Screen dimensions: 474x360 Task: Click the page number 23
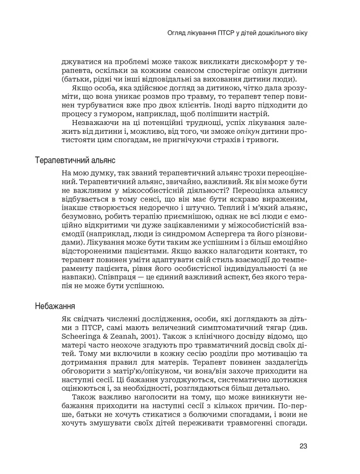[x=304, y=446]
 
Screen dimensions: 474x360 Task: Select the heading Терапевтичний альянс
[x=74, y=161]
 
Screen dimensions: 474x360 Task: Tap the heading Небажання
[x=55, y=306]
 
